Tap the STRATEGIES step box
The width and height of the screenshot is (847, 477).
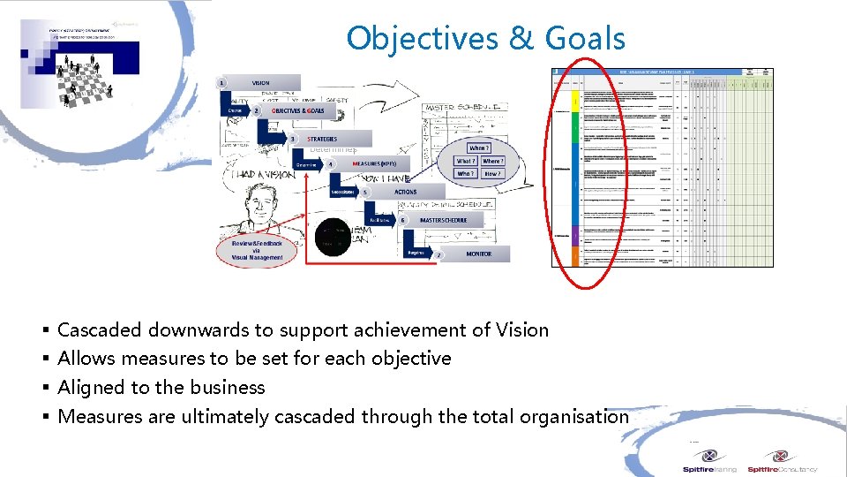[321, 139]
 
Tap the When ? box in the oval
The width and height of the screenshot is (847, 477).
[478, 148]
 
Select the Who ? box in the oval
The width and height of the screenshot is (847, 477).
[465, 174]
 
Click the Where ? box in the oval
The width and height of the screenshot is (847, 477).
[493, 161]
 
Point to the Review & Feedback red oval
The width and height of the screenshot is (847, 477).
[255, 250]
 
